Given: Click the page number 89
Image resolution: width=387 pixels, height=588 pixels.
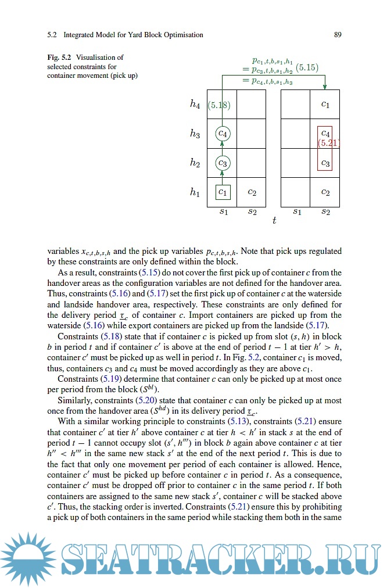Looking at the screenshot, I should [338, 35].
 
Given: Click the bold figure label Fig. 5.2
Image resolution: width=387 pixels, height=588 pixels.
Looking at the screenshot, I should [59, 58].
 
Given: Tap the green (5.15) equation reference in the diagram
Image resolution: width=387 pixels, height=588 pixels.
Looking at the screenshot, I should [307, 67].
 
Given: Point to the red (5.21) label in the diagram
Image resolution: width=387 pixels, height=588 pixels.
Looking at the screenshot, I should [328, 142].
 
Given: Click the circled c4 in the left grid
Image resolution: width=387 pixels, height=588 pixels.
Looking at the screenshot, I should [223, 134].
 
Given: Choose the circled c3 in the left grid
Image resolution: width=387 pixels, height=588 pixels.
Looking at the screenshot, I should [223, 163].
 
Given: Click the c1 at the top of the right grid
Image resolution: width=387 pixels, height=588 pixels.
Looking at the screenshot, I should [325, 105].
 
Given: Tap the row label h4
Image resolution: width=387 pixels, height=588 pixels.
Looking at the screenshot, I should [195, 105].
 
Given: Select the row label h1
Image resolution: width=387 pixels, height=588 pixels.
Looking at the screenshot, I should [195, 192].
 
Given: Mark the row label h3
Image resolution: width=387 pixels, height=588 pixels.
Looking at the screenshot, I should [195, 134].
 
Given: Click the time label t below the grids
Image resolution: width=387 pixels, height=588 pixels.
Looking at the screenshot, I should [274, 221].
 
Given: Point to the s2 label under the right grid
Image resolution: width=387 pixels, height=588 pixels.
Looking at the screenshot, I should [325, 211].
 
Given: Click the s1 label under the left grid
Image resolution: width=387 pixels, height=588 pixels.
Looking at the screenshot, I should [223, 211].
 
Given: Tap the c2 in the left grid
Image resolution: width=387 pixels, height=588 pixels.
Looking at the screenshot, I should [252, 191].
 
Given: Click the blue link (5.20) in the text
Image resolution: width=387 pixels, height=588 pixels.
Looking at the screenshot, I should [147, 400].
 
